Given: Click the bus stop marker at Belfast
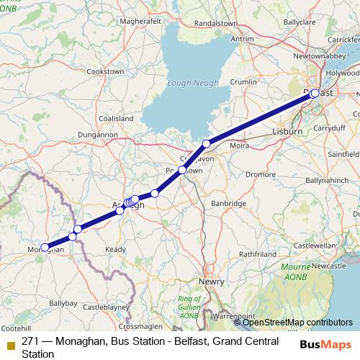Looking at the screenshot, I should [x=315, y=93].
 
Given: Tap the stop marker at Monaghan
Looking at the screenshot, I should [x=45, y=247].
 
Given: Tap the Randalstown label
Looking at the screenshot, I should [x=215, y=22].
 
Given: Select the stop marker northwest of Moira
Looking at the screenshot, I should [x=207, y=143].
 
